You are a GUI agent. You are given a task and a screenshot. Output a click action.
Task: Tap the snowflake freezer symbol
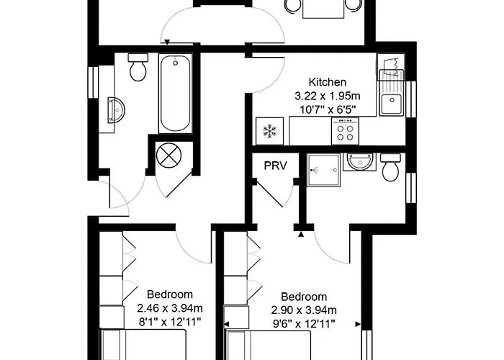[x=269, y=132]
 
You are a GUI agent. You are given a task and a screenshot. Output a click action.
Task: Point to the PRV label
[x=275, y=166]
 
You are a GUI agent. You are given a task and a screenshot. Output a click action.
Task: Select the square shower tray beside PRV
[x=320, y=169]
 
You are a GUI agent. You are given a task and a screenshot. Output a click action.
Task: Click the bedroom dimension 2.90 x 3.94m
[x=304, y=310]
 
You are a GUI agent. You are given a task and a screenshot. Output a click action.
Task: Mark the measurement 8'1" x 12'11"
[x=170, y=323]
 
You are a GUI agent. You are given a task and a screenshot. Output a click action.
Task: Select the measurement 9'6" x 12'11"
[x=304, y=324]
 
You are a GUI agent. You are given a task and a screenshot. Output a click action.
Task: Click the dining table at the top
[x=323, y=7]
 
